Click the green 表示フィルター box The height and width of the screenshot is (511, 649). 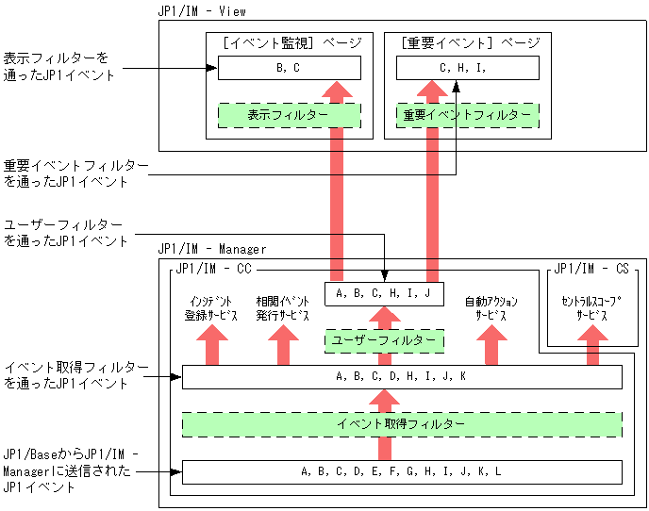[290, 115]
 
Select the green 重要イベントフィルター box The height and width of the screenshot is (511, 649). [468, 115]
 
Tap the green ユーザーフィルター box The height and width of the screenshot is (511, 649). [384, 341]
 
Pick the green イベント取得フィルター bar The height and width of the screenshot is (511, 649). [402, 424]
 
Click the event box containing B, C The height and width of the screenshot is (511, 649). [290, 68]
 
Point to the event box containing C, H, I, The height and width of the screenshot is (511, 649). [468, 68]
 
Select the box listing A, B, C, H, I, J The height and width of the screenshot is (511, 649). [384, 294]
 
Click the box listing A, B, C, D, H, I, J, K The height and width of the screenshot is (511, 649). [402, 377]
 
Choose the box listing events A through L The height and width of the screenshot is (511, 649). [402, 472]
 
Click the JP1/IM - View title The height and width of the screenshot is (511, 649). [202, 11]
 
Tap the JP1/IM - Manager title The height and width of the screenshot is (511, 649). [212, 249]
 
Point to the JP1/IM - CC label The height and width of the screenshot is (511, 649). [213, 269]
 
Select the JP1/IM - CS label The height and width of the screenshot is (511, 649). [591, 269]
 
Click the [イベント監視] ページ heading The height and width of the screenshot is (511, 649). [292, 42]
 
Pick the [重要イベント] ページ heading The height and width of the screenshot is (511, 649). [471, 42]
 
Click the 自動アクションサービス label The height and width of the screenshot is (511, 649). [491, 308]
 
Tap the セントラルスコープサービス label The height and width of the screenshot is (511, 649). [591, 308]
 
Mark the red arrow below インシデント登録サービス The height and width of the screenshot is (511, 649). [212, 345]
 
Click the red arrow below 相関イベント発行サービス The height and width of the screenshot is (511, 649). [283, 345]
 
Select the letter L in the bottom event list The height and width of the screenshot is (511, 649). [498, 471]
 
